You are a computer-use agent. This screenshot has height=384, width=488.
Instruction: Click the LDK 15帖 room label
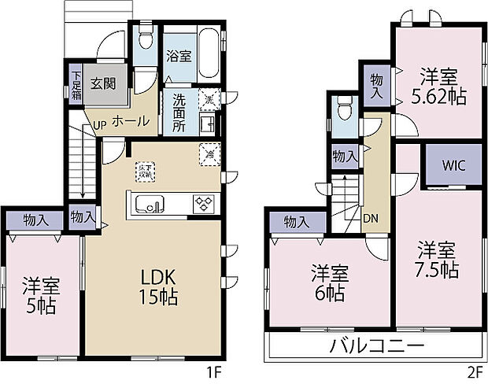(160, 287)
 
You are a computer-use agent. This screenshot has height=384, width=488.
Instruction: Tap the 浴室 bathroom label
(179, 57)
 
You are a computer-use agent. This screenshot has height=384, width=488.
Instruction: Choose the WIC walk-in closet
(453, 165)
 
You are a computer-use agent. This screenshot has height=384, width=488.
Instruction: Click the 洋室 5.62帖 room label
(438, 87)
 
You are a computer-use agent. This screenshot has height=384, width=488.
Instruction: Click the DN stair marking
(370, 220)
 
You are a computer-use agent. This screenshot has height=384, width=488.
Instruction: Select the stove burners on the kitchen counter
(203, 204)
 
